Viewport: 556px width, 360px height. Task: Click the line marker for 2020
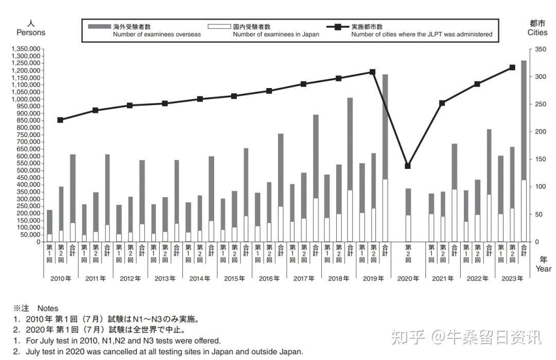pos(408,166)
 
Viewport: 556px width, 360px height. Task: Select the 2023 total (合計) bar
pos(524,151)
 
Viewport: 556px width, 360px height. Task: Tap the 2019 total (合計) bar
pos(385,158)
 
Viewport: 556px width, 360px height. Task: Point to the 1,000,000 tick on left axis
pos(26,99)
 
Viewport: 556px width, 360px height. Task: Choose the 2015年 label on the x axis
pos(234,279)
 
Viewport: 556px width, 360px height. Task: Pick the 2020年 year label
pos(408,279)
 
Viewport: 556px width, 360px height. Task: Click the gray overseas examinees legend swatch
pos(99,27)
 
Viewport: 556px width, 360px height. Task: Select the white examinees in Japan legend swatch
pos(219,27)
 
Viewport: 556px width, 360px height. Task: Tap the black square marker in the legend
pos(338,27)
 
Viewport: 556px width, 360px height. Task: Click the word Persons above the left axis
pos(31,32)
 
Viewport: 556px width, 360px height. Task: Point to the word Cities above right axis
pos(537,32)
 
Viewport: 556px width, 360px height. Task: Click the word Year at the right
pos(543,269)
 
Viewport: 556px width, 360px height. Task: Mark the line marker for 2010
pos(60,120)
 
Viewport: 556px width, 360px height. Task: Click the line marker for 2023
pos(512,67)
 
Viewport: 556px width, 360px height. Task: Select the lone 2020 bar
pos(408,215)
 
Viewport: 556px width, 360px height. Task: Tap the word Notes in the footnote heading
pos(48,308)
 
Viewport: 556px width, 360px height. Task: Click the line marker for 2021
pos(442,103)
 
